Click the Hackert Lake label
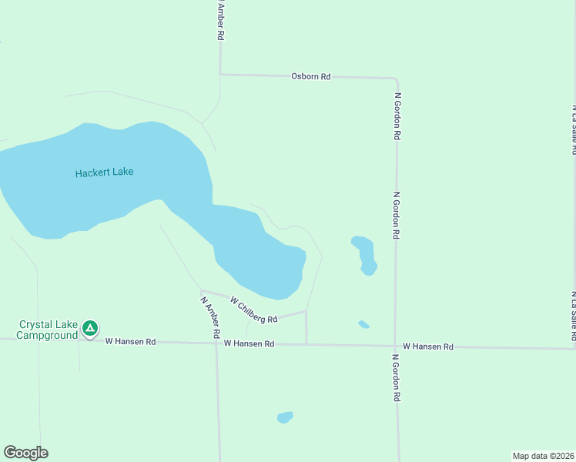click(x=104, y=172)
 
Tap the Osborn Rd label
click(x=310, y=76)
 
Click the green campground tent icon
click(x=90, y=330)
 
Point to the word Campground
click(x=47, y=336)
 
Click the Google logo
click(x=25, y=453)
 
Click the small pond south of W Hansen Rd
click(x=285, y=417)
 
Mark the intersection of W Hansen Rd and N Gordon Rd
click(x=397, y=346)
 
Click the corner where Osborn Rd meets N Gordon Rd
click(x=395, y=79)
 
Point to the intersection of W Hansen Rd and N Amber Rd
click(x=216, y=343)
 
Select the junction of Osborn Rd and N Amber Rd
click(x=221, y=74)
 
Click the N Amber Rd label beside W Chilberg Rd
click(x=210, y=319)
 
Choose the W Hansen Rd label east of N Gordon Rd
click(x=427, y=347)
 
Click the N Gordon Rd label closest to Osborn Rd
click(x=397, y=115)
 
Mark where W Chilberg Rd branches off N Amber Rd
click(x=202, y=291)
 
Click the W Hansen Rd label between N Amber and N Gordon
click(x=249, y=343)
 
